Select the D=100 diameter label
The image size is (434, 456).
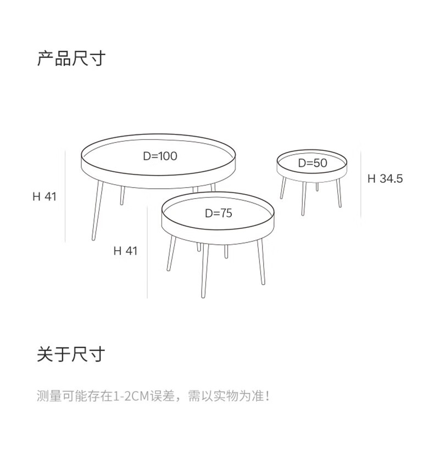pos(160,156)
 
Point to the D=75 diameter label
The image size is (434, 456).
pos(218,213)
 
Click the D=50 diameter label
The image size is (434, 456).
pos(312,163)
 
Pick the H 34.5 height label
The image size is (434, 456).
pos(385,178)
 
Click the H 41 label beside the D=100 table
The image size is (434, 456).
pos(44,196)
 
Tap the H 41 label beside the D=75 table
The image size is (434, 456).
pos(125,251)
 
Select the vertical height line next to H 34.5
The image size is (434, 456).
pos(361,184)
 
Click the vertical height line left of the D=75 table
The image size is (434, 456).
pos(147,252)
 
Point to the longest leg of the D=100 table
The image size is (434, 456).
pos(97,211)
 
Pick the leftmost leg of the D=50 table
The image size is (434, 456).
pos(283,188)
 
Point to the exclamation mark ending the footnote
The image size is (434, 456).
pos(268,396)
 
